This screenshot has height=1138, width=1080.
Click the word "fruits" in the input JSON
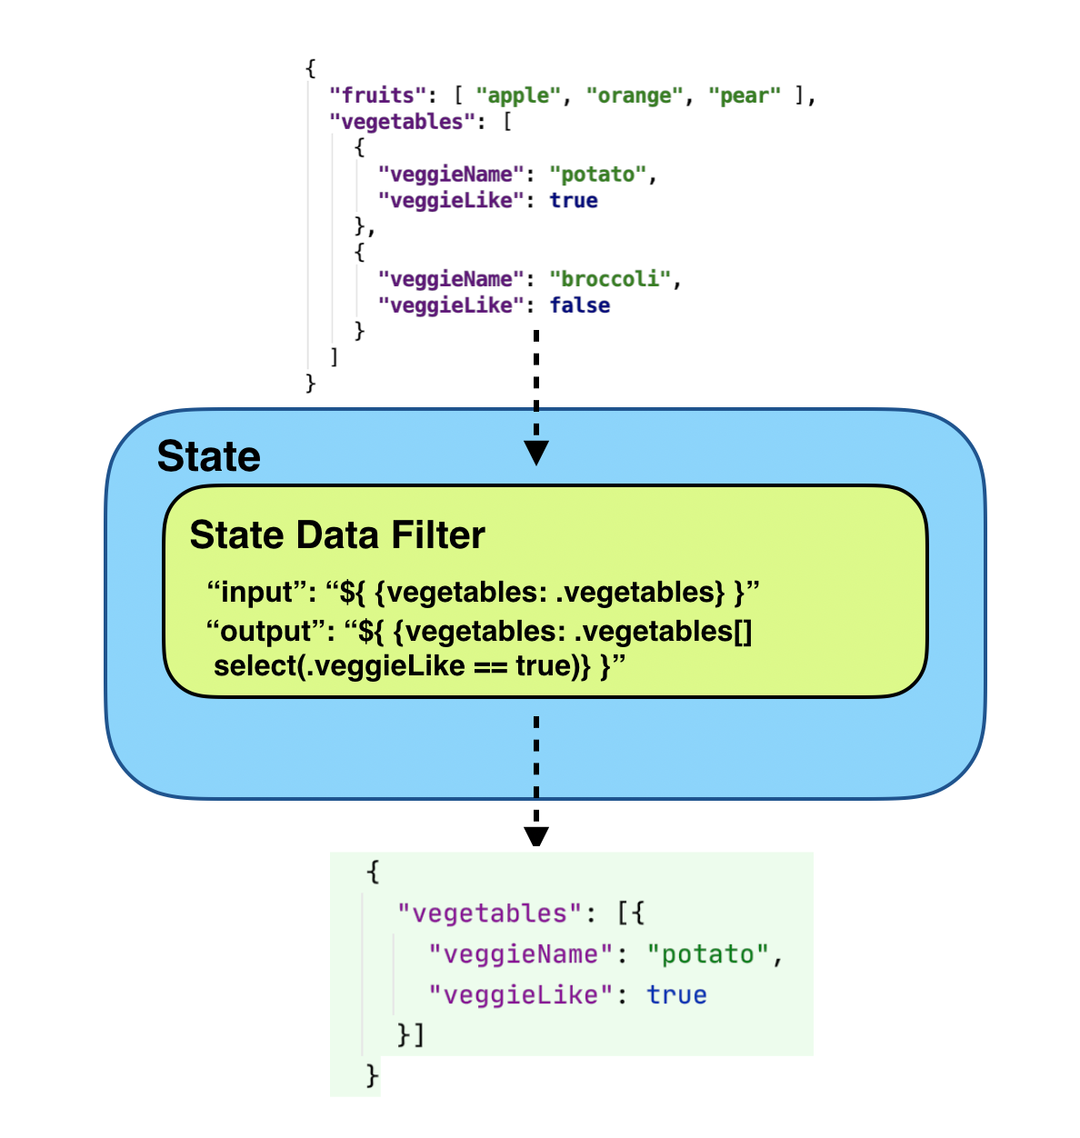pos(377,95)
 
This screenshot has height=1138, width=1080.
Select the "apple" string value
pos(519,95)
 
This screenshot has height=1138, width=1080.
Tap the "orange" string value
pos(635,95)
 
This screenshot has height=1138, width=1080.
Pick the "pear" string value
pos(745,95)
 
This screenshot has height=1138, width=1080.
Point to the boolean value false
pos(579,305)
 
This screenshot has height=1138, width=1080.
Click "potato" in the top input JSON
pos(598,175)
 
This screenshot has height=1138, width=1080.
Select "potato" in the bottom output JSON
pos(707,954)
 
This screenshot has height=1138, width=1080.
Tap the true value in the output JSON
pos(676,995)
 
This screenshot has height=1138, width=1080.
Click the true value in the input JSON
pos(574,201)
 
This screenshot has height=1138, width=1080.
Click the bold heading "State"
pos(208,456)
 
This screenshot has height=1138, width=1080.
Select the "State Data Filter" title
pos(337,535)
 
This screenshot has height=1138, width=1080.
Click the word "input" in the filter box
pos(257,593)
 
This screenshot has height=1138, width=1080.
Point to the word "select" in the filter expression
pos(255,666)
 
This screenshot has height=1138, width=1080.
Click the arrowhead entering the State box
pos(536,453)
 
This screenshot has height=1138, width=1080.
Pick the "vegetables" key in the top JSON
pos(402,122)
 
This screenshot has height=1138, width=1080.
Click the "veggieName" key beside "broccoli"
pos(451,279)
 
